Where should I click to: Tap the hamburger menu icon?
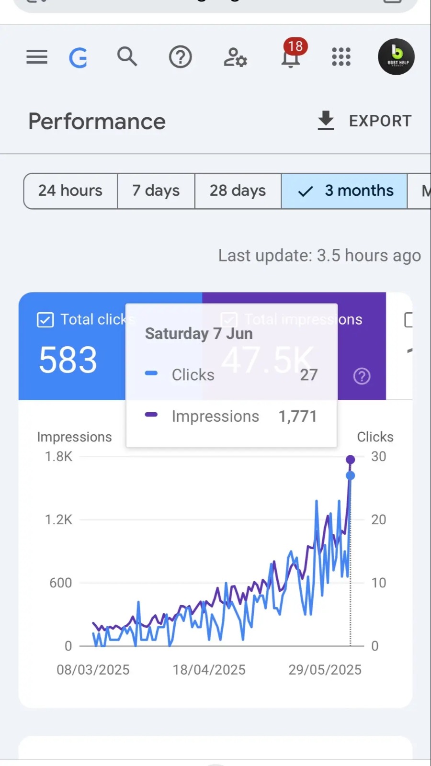(x=37, y=57)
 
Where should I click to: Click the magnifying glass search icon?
(x=127, y=56)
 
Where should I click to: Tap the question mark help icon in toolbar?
(x=181, y=57)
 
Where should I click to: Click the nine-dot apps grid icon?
(x=341, y=56)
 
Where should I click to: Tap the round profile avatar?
(x=396, y=56)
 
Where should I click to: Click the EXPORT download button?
(x=364, y=121)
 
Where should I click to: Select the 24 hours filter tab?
(x=70, y=191)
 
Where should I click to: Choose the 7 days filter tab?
(x=156, y=191)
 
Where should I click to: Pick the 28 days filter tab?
(x=238, y=191)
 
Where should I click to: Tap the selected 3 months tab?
(x=345, y=191)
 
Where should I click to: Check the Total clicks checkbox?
(x=45, y=319)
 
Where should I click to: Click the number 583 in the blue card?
(x=68, y=360)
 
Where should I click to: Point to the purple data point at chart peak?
(x=351, y=460)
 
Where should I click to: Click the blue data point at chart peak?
(x=351, y=475)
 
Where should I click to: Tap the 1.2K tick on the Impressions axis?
(x=58, y=519)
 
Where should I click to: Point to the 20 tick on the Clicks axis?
(x=378, y=519)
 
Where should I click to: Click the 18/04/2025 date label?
(x=209, y=670)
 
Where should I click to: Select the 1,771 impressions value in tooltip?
(x=297, y=417)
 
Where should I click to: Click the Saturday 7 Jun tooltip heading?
(x=199, y=333)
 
